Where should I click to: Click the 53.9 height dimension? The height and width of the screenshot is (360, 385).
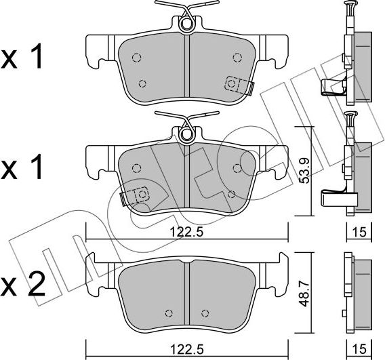[305, 171]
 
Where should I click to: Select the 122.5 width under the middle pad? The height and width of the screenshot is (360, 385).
[187, 232]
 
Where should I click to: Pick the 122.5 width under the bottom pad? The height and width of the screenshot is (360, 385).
[187, 348]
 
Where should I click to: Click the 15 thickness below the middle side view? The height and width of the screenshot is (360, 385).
[359, 232]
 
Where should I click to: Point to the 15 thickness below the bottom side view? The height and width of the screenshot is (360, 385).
[359, 348]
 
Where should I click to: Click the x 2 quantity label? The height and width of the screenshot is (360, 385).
[23, 285]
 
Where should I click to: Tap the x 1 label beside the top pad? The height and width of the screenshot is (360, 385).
[22, 57]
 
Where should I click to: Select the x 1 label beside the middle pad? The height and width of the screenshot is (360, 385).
[22, 167]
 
